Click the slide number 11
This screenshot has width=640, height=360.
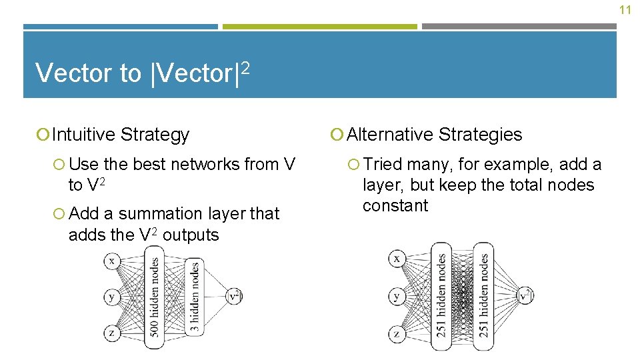(x=625, y=10)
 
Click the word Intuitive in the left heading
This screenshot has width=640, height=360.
(x=83, y=135)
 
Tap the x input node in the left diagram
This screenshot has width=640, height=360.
(x=112, y=261)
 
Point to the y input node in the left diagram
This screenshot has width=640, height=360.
(x=112, y=296)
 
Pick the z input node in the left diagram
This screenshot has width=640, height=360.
(x=112, y=332)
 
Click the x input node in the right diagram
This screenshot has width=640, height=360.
(x=397, y=258)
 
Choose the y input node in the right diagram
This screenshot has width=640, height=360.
(x=397, y=295)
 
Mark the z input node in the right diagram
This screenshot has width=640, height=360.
(x=397, y=333)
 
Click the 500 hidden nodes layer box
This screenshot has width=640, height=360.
(x=155, y=297)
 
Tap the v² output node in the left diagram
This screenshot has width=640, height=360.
(x=235, y=296)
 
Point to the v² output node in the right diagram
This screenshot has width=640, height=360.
(x=525, y=295)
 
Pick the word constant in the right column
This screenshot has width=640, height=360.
(x=395, y=206)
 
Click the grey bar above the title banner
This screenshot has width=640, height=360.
(x=519, y=27)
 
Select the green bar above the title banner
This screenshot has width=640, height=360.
(x=319, y=27)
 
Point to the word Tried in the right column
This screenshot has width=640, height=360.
(x=383, y=165)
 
